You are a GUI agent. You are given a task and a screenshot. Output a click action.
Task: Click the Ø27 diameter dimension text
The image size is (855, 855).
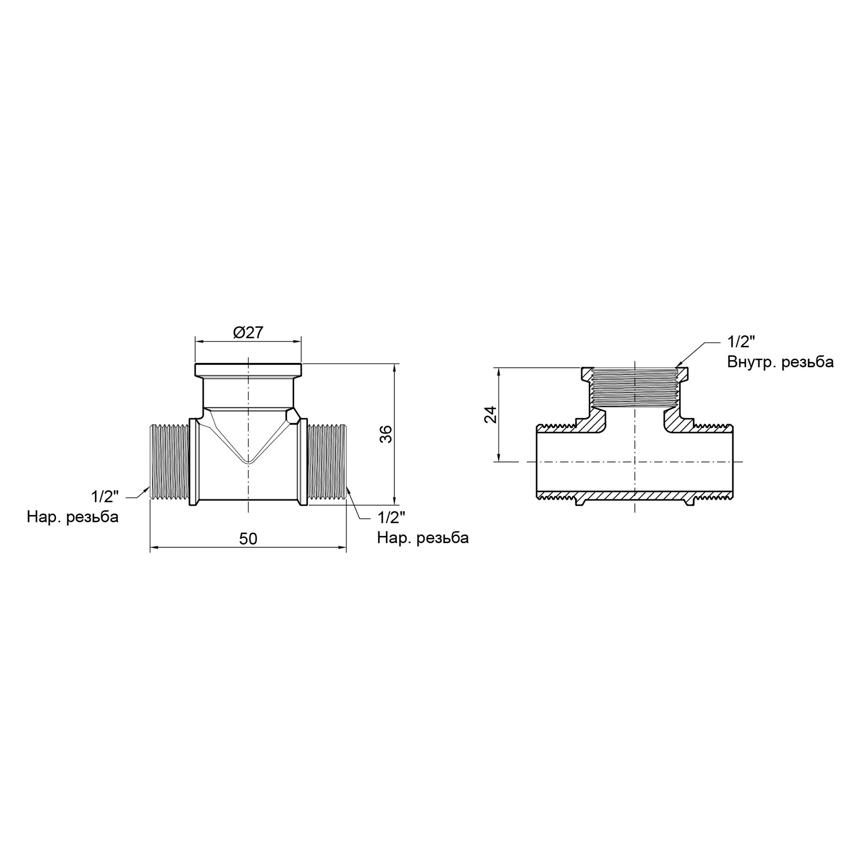248,332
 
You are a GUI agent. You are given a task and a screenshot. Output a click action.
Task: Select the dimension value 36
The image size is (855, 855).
386,434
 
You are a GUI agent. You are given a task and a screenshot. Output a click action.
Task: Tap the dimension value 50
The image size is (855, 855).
248,539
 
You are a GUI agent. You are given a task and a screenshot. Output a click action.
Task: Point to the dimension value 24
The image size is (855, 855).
490,415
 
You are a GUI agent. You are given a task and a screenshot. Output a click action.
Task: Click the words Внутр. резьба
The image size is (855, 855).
780,362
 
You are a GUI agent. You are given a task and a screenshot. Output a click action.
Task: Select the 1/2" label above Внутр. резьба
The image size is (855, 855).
741,342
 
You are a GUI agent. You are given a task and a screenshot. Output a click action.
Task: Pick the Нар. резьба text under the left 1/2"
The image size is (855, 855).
73,517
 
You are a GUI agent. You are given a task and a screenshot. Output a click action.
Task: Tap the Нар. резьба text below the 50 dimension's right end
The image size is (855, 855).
423,538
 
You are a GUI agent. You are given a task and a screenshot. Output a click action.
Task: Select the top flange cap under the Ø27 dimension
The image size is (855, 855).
248,369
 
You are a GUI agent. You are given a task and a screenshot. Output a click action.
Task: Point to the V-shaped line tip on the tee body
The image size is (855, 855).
249,463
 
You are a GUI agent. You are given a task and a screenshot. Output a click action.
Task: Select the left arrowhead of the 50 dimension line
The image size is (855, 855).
153,548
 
